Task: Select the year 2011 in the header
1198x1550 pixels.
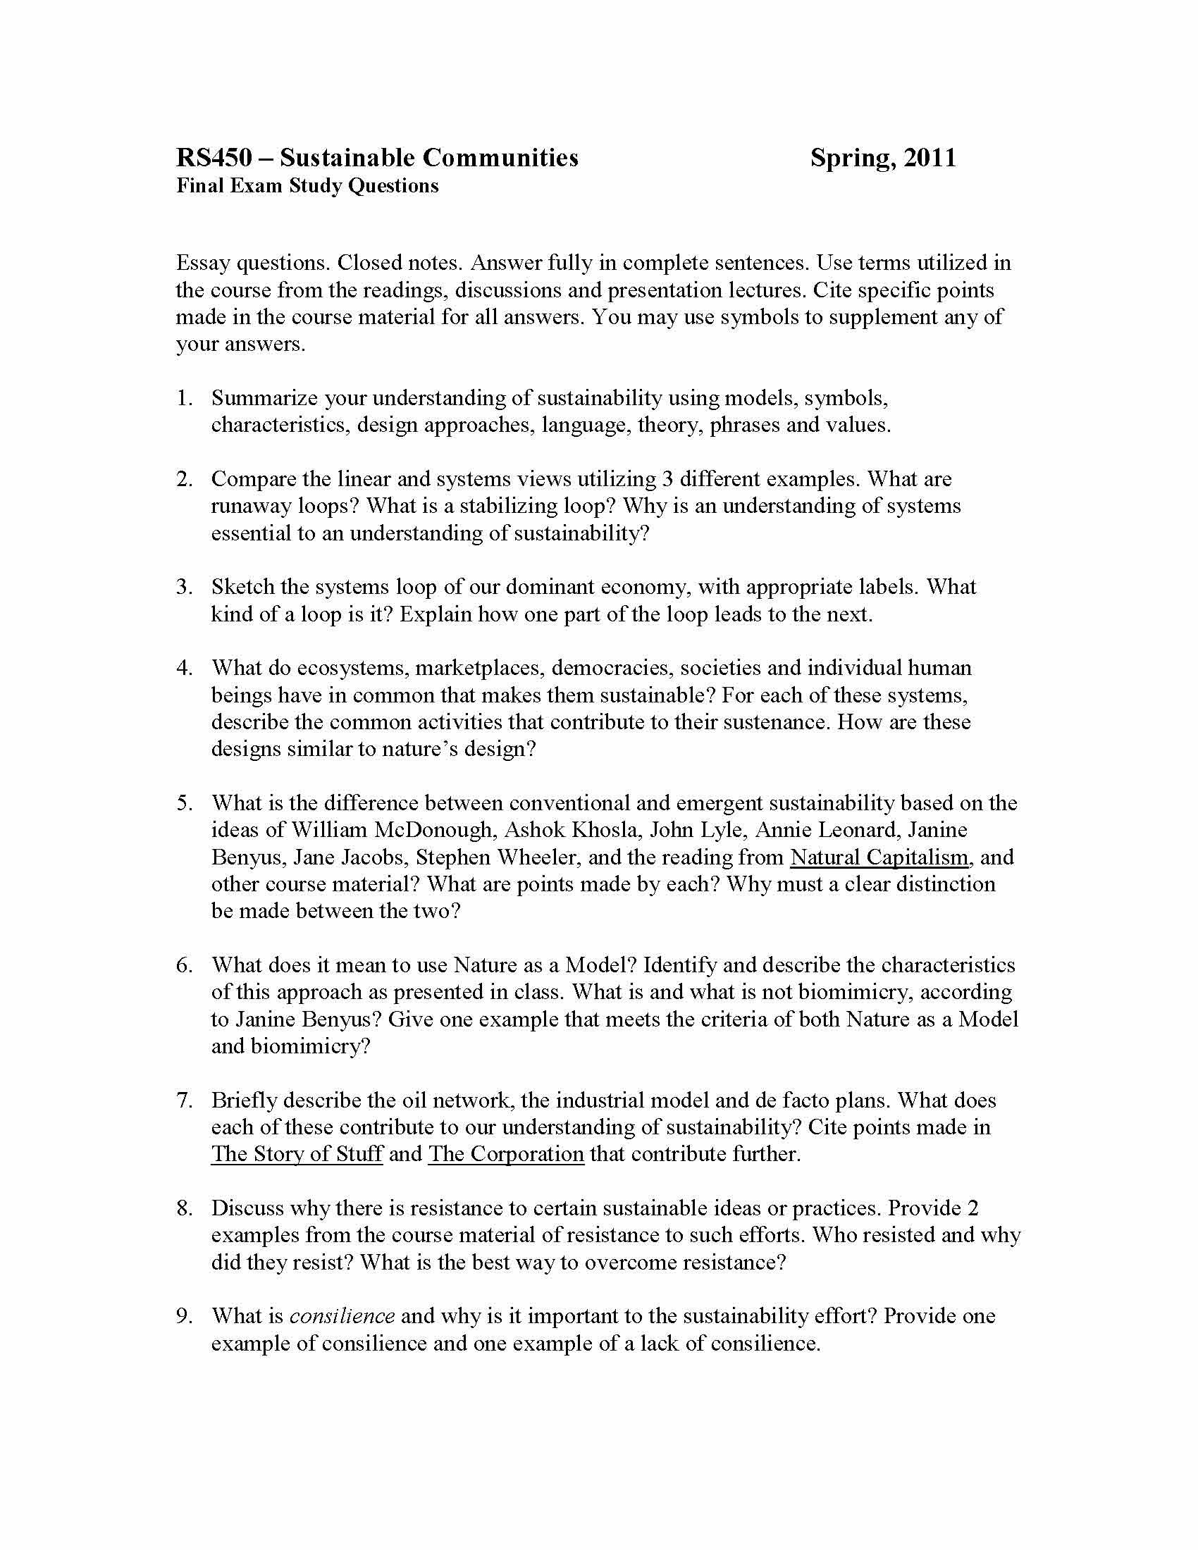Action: (x=930, y=158)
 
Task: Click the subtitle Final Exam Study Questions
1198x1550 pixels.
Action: (x=307, y=186)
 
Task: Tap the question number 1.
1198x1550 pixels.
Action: (x=184, y=398)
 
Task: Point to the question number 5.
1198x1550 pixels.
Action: (x=184, y=803)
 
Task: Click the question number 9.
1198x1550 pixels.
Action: (x=184, y=1317)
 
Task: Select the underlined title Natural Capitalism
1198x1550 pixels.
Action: (x=879, y=857)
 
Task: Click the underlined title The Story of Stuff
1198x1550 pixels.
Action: (x=297, y=1154)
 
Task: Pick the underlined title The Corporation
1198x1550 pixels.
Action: (x=506, y=1154)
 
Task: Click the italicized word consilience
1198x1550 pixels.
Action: (x=342, y=1317)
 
